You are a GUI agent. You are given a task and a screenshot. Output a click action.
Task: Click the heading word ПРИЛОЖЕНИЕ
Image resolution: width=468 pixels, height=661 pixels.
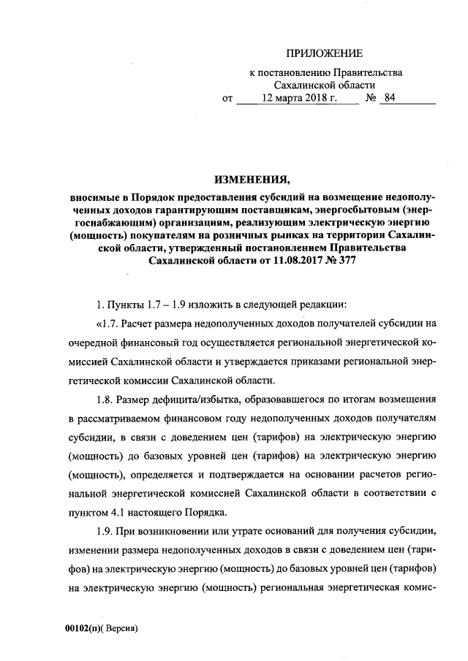pos(324,53)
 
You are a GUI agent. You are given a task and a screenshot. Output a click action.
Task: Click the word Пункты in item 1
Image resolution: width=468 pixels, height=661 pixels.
pos(124,304)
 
